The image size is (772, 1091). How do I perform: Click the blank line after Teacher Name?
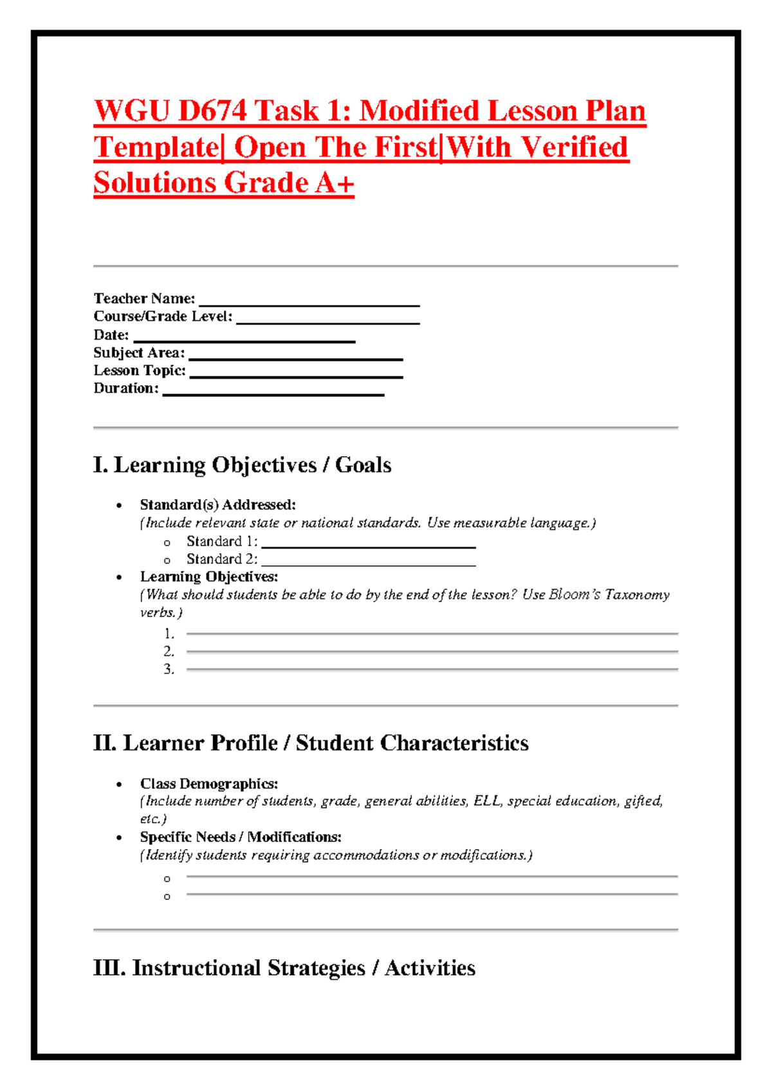309,304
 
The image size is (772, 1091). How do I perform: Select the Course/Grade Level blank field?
328,322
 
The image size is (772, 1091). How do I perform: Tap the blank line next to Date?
244,340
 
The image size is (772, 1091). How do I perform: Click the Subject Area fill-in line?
296,358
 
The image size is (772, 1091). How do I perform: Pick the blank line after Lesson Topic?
297,376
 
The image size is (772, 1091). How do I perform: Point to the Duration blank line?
273,393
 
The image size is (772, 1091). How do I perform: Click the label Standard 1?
222,541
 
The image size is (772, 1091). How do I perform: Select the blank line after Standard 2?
369,564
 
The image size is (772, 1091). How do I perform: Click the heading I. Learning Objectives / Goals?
242,465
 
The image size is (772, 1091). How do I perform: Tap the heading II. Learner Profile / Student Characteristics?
311,743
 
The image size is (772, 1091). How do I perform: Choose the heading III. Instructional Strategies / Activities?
284,968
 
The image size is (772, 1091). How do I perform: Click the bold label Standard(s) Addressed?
217,505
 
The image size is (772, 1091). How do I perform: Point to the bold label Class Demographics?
209,784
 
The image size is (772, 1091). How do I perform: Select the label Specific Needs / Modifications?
241,837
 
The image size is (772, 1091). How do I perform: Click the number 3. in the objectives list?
169,669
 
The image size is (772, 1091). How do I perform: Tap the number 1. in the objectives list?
169,634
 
